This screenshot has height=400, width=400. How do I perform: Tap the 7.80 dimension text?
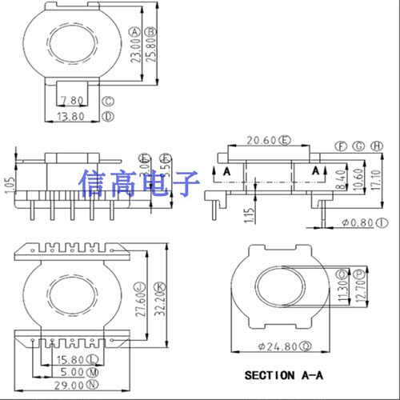[x=71, y=102]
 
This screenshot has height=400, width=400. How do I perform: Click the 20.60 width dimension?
[x=262, y=141]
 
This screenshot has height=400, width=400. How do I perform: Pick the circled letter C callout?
[x=108, y=102]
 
